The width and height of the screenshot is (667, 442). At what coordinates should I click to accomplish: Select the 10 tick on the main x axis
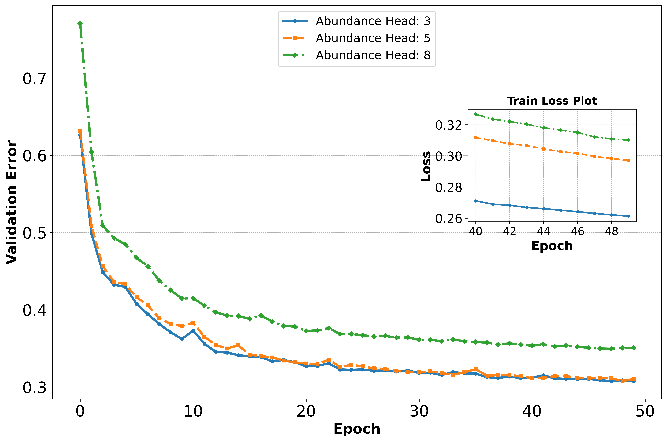tap(193, 412)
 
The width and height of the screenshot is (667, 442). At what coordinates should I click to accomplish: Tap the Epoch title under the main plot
tap(357, 429)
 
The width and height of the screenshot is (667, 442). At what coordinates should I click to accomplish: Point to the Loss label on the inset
tap(426, 166)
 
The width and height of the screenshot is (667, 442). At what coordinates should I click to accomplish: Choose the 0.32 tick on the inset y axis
tap(449, 125)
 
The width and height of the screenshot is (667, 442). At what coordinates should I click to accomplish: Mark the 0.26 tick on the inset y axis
tap(449, 218)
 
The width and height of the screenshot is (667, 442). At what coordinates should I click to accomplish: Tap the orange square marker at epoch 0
tap(80, 131)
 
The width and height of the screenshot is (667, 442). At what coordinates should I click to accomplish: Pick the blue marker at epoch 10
tap(193, 330)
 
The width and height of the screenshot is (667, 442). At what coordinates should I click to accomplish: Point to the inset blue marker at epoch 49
tap(628, 216)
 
